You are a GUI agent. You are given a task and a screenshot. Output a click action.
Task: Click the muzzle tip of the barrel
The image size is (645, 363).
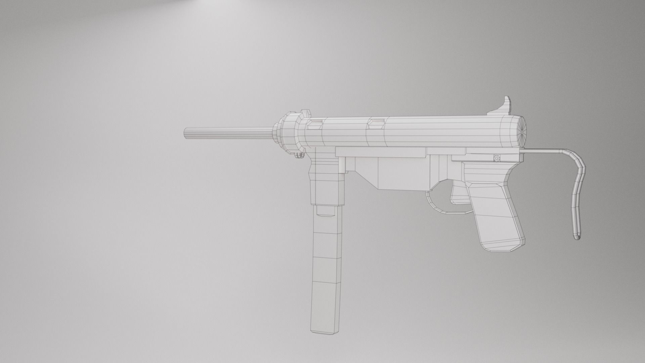(186, 133)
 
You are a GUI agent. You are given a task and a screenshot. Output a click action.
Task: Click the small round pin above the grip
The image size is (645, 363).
(497, 158)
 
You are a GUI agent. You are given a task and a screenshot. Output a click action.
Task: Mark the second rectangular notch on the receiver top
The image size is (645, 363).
(376, 123)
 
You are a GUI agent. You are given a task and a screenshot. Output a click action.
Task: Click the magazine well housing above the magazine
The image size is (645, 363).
(328, 182)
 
